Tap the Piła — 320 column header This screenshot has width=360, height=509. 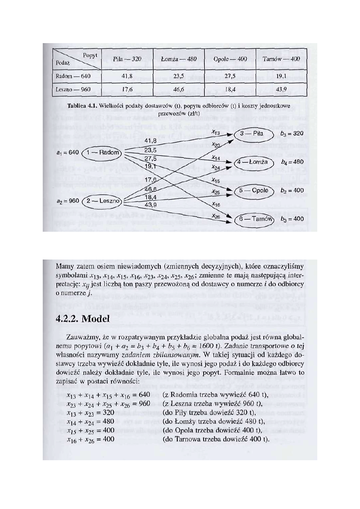127,59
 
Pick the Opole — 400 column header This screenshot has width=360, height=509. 230,59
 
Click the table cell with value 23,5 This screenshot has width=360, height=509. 179,75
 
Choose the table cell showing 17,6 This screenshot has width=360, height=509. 127,89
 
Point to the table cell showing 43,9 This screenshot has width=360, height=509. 281,89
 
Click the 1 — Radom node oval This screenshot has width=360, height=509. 101,153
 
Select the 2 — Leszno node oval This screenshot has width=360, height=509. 102,200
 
